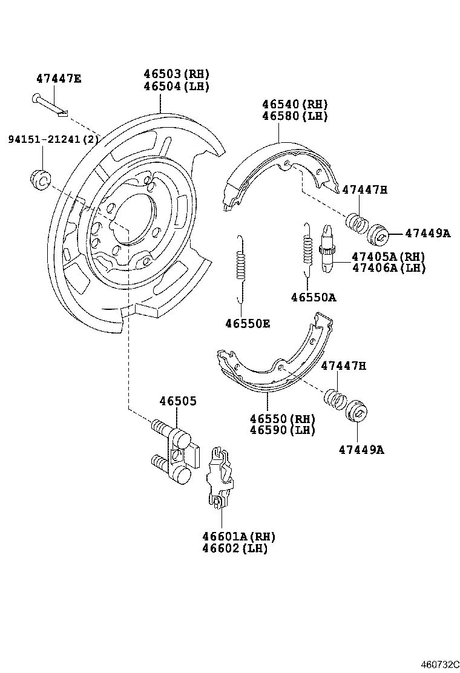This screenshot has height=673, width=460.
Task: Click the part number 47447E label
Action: click(x=58, y=78)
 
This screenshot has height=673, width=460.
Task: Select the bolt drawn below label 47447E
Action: click(x=48, y=104)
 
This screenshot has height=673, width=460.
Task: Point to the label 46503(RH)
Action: click(x=176, y=74)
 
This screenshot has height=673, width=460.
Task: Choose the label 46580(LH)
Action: click(x=295, y=116)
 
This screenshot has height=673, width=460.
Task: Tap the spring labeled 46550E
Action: click(x=241, y=267)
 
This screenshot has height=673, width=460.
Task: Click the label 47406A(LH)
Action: click(x=389, y=268)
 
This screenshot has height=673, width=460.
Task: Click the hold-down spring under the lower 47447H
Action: click(x=335, y=399)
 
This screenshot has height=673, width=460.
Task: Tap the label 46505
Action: click(x=178, y=401)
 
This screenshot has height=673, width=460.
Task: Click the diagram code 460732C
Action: click(x=439, y=663)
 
